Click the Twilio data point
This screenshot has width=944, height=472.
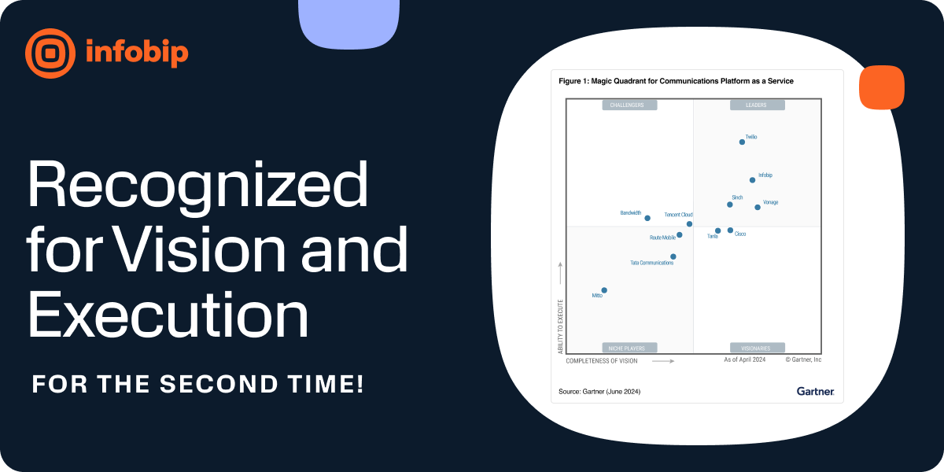(742, 142)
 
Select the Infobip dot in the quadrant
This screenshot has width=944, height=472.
(752, 180)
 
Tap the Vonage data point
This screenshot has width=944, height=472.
(758, 207)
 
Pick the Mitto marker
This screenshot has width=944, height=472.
(604, 290)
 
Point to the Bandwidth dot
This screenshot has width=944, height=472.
(647, 218)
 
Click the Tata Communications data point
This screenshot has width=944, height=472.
(673, 256)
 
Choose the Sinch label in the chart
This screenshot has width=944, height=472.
(737, 197)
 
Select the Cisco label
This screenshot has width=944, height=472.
(740, 234)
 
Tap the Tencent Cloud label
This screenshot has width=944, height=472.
(678, 214)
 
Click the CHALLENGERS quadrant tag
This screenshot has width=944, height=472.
(629, 105)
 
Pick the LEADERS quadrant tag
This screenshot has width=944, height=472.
(757, 105)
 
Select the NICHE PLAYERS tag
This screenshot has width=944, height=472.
(629, 348)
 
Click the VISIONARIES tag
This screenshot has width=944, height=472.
(757, 348)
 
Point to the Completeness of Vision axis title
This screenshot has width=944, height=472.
(602, 361)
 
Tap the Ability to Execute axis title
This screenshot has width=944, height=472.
(561, 325)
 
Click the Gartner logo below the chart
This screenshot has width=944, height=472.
(815, 391)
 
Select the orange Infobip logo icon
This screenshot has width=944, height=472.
(50, 53)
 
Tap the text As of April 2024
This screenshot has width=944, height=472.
(745, 360)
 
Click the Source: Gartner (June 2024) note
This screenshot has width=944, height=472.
(599, 391)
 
